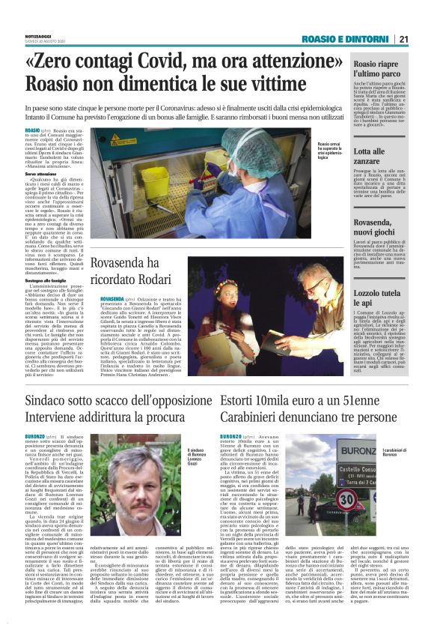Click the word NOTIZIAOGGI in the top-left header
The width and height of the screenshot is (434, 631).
38,36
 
